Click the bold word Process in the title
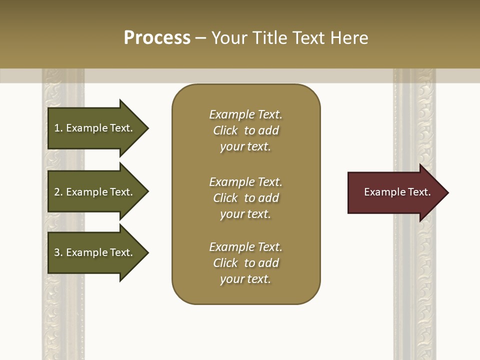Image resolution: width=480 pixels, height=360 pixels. coord(157,38)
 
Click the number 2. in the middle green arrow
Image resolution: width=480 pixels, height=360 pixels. coord(58,192)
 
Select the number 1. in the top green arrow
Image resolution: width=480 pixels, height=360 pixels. coord(58,128)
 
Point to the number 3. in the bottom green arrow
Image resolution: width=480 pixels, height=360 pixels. coord(58,252)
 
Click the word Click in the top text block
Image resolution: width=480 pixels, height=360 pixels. coord(225,130)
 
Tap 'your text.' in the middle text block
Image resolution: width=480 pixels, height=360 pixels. coord(245,214)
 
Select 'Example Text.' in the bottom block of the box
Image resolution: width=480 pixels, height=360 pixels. coord(245,247)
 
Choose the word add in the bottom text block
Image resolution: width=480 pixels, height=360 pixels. coord(269,263)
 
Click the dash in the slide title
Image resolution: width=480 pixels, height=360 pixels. coord(201,38)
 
